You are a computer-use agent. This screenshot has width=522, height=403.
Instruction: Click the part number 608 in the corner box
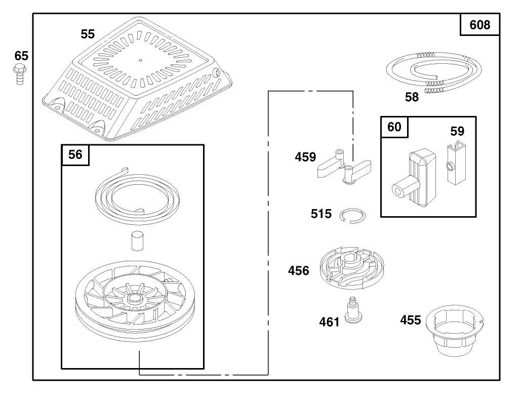(x=480, y=24)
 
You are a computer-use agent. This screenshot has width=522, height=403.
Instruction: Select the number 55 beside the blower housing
(x=88, y=34)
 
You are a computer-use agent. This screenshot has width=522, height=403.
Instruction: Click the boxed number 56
(x=75, y=154)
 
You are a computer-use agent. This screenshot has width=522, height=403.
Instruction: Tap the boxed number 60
(x=394, y=127)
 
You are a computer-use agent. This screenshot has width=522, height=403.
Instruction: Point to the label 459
(x=305, y=157)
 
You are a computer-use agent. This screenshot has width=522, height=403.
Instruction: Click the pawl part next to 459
(x=344, y=168)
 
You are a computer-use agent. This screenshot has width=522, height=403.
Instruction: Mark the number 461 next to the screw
(x=329, y=321)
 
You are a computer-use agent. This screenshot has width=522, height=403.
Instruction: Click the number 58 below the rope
(x=412, y=97)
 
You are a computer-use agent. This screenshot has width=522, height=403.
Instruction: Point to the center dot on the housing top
(x=140, y=59)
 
